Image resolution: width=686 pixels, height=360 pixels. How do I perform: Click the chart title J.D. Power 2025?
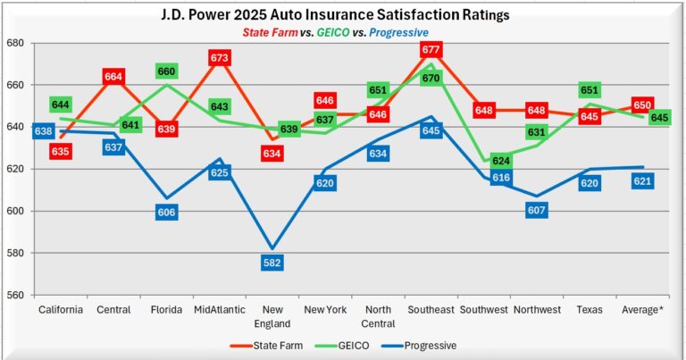tap(342, 14)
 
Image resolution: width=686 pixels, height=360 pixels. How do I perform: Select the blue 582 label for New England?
tap(272, 263)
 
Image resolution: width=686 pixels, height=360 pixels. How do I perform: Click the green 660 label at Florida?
tap(167, 71)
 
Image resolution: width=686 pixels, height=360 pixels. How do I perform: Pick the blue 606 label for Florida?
tap(166, 213)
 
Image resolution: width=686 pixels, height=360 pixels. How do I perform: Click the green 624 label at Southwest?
tap(501, 162)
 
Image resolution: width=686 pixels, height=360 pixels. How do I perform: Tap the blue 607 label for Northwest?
tap(537, 211)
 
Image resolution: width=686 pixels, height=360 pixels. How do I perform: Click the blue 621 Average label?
tap(641, 181)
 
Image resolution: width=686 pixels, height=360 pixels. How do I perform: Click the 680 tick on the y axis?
tap(15, 43)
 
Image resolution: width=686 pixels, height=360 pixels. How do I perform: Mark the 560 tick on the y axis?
tap(15, 296)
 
